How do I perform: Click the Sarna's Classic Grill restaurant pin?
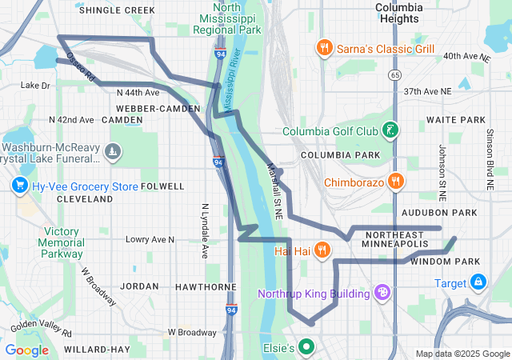[x=324, y=48]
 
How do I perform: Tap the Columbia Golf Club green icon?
[x=390, y=130]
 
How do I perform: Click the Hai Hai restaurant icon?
[x=321, y=250]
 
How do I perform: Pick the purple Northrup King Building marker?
[x=382, y=294]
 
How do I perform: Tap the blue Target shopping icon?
[x=478, y=282]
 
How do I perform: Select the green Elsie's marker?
[x=306, y=348]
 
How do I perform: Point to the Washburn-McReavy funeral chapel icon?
[x=114, y=150]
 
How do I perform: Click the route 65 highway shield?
[x=395, y=74]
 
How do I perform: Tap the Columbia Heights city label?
[x=398, y=13]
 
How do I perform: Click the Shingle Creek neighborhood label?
[x=117, y=10]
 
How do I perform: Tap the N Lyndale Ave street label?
[x=204, y=229]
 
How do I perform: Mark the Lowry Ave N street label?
[x=150, y=239]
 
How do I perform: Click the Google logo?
[x=27, y=350]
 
